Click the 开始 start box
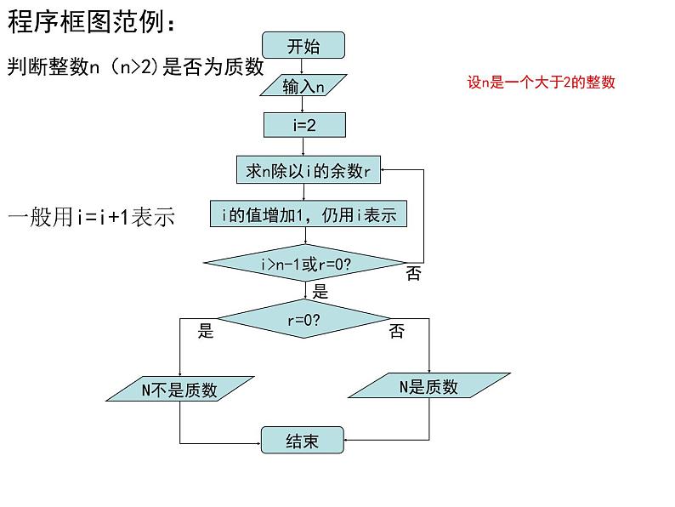pos(303,46)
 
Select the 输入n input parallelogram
pos(303,86)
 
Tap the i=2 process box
pos(304,126)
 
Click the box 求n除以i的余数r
pos(308,171)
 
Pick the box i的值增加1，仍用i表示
pos(309,214)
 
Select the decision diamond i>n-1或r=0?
pos(305,265)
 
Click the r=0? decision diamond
pos(304,320)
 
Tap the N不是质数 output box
pos(179,390)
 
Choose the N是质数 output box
pos(428,387)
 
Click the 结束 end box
pos(303,441)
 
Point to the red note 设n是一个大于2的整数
pos(541,83)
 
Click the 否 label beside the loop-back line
pos(413,274)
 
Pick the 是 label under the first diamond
pos(320,292)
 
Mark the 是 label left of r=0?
pos(206,331)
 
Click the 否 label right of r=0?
pos(397,332)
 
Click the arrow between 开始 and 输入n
pos(303,66)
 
